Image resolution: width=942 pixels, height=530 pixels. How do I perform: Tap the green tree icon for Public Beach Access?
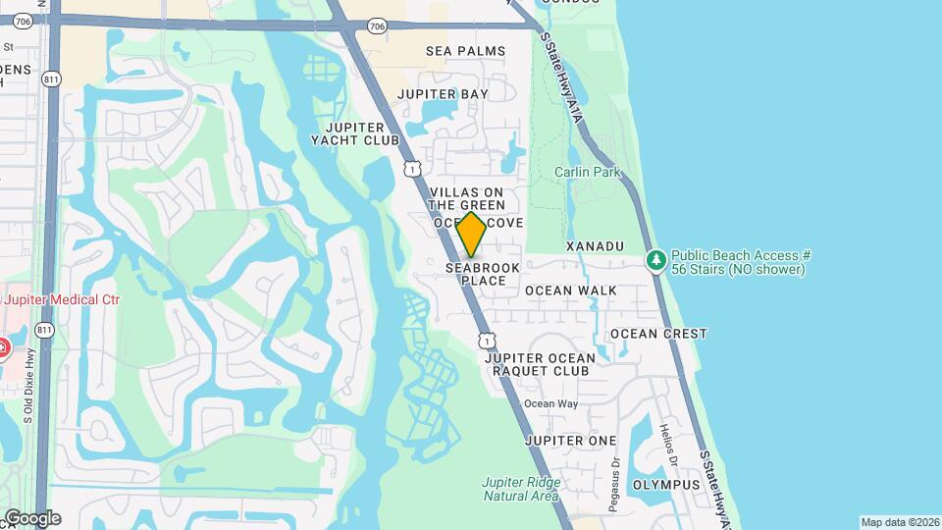(655, 261)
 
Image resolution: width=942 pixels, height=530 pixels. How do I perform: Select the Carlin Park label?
(588, 173)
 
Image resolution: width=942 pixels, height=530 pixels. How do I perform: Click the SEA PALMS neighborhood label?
(465, 51)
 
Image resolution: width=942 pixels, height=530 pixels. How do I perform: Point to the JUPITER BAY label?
(443, 94)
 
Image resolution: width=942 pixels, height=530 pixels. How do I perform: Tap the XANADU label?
(595, 245)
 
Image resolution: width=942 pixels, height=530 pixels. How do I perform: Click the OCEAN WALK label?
(571, 291)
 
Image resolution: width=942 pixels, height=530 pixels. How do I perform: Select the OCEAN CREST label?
(658, 334)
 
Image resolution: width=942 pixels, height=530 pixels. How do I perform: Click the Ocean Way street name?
(550, 403)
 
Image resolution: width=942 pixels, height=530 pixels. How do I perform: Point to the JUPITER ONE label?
(571, 441)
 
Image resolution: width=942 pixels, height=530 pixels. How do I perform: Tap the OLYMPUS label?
(666, 485)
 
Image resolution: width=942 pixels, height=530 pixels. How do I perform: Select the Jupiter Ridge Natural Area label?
(521, 489)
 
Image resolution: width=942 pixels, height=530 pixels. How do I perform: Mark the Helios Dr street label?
(670, 446)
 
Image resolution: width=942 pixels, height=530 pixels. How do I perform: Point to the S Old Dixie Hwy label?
(29, 385)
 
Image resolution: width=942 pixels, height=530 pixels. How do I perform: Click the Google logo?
(31, 518)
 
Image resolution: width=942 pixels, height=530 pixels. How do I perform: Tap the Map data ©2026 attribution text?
(899, 522)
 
